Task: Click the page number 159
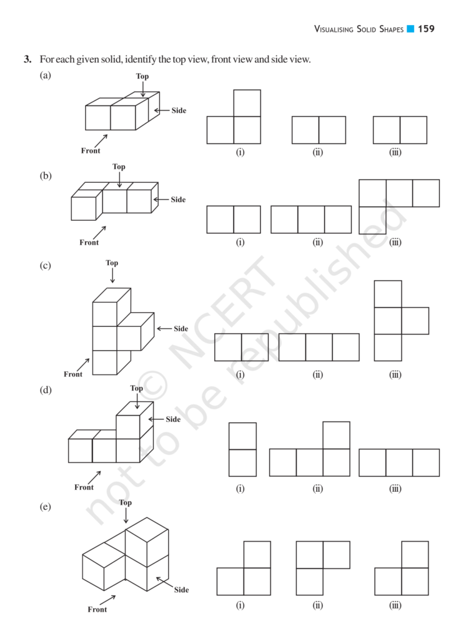[426, 29]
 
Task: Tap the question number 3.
[27, 59]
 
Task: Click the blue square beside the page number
[410, 29]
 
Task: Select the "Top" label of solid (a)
[142, 76]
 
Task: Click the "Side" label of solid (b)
[178, 199]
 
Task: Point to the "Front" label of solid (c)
[73, 374]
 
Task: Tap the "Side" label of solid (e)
[181, 590]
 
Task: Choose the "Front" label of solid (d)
[84, 487]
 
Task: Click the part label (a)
[45, 75]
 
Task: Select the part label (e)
[45, 507]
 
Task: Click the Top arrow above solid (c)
[112, 275]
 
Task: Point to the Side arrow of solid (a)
[162, 110]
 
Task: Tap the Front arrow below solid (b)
[100, 232]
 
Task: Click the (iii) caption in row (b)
[395, 242]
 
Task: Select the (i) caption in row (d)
[240, 488]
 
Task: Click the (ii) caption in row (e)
[318, 605]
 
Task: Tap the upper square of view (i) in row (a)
[247, 103]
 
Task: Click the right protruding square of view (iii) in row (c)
[415, 321]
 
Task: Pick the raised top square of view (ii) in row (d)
[337, 435]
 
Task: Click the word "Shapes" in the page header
[392, 29]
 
